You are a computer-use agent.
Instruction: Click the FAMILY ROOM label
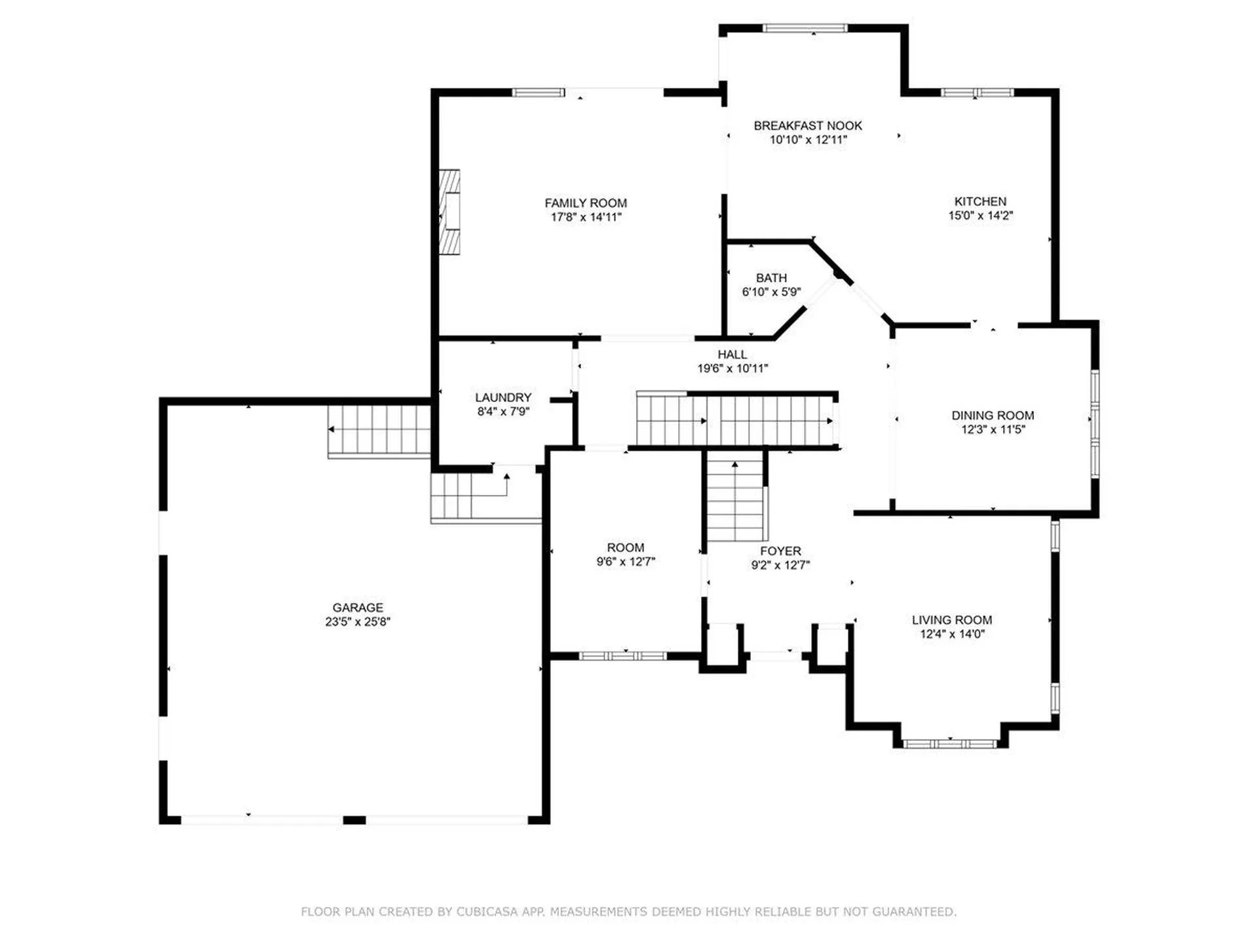[585, 203]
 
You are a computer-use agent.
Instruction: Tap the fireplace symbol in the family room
[449, 212]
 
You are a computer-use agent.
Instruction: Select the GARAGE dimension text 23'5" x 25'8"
[357, 621]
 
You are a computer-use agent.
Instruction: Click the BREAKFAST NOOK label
[807, 125]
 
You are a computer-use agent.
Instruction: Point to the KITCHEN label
[980, 201]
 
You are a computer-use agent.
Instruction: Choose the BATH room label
[771, 278]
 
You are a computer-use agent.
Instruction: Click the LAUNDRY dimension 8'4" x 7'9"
[503, 412]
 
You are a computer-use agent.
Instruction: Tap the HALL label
[732, 354]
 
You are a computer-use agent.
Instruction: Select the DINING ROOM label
[992, 415]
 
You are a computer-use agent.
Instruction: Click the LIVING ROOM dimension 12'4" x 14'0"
[951, 634]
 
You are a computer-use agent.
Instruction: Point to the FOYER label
[780, 551]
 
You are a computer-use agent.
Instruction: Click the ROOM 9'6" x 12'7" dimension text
[625, 562]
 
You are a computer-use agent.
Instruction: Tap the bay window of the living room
[949, 743]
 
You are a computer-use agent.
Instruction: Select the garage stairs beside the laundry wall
[379, 430]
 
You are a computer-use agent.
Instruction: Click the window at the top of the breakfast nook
[805, 28]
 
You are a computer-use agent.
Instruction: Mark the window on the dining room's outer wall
[1095, 423]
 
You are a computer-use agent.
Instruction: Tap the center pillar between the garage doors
[354, 820]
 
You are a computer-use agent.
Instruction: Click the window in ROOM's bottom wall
[622, 656]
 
